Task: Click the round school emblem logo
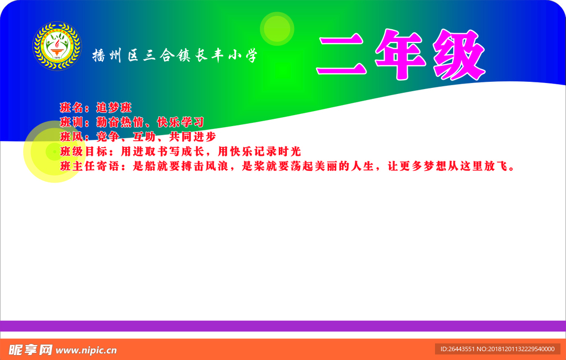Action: click(57, 45)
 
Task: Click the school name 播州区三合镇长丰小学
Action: click(175, 55)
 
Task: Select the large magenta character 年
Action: click(400, 55)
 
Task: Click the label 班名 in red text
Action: click(70, 108)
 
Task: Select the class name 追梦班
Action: click(114, 108)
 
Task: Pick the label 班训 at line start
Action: click(70, 122)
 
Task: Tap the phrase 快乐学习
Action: click(181, 122)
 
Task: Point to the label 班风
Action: click(70, 137)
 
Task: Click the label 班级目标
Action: click(81, 151)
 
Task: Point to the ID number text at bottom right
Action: click(497, 349)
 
